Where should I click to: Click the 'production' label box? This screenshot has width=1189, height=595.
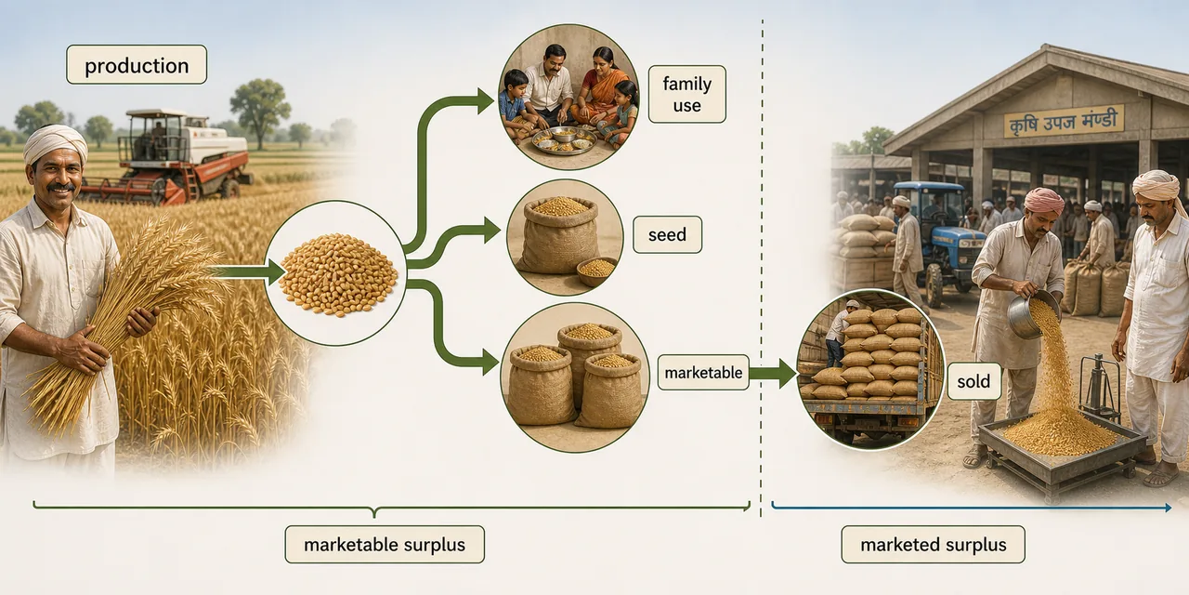point(137,65)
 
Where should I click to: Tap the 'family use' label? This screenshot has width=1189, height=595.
point(686,94)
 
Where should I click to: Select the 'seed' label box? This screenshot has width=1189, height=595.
point(667,234)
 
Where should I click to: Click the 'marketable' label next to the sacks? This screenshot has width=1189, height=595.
point(703,373)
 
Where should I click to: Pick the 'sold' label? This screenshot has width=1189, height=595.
point(973,381)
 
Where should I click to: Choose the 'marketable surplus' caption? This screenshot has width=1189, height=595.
point(385,545)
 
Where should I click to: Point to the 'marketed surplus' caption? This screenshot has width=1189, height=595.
point(934,545)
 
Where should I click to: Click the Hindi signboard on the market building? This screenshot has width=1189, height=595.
point(1064,122)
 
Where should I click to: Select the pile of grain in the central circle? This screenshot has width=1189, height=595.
point(338,274)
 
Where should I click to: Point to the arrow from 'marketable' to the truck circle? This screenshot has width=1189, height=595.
point(773,373)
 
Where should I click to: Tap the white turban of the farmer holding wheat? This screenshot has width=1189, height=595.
point(55,142)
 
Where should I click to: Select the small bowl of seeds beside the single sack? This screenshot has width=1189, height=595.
point(596,271)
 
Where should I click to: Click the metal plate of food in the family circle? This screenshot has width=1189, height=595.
point(564,140)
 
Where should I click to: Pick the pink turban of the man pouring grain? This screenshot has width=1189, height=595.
point(1043,200)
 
